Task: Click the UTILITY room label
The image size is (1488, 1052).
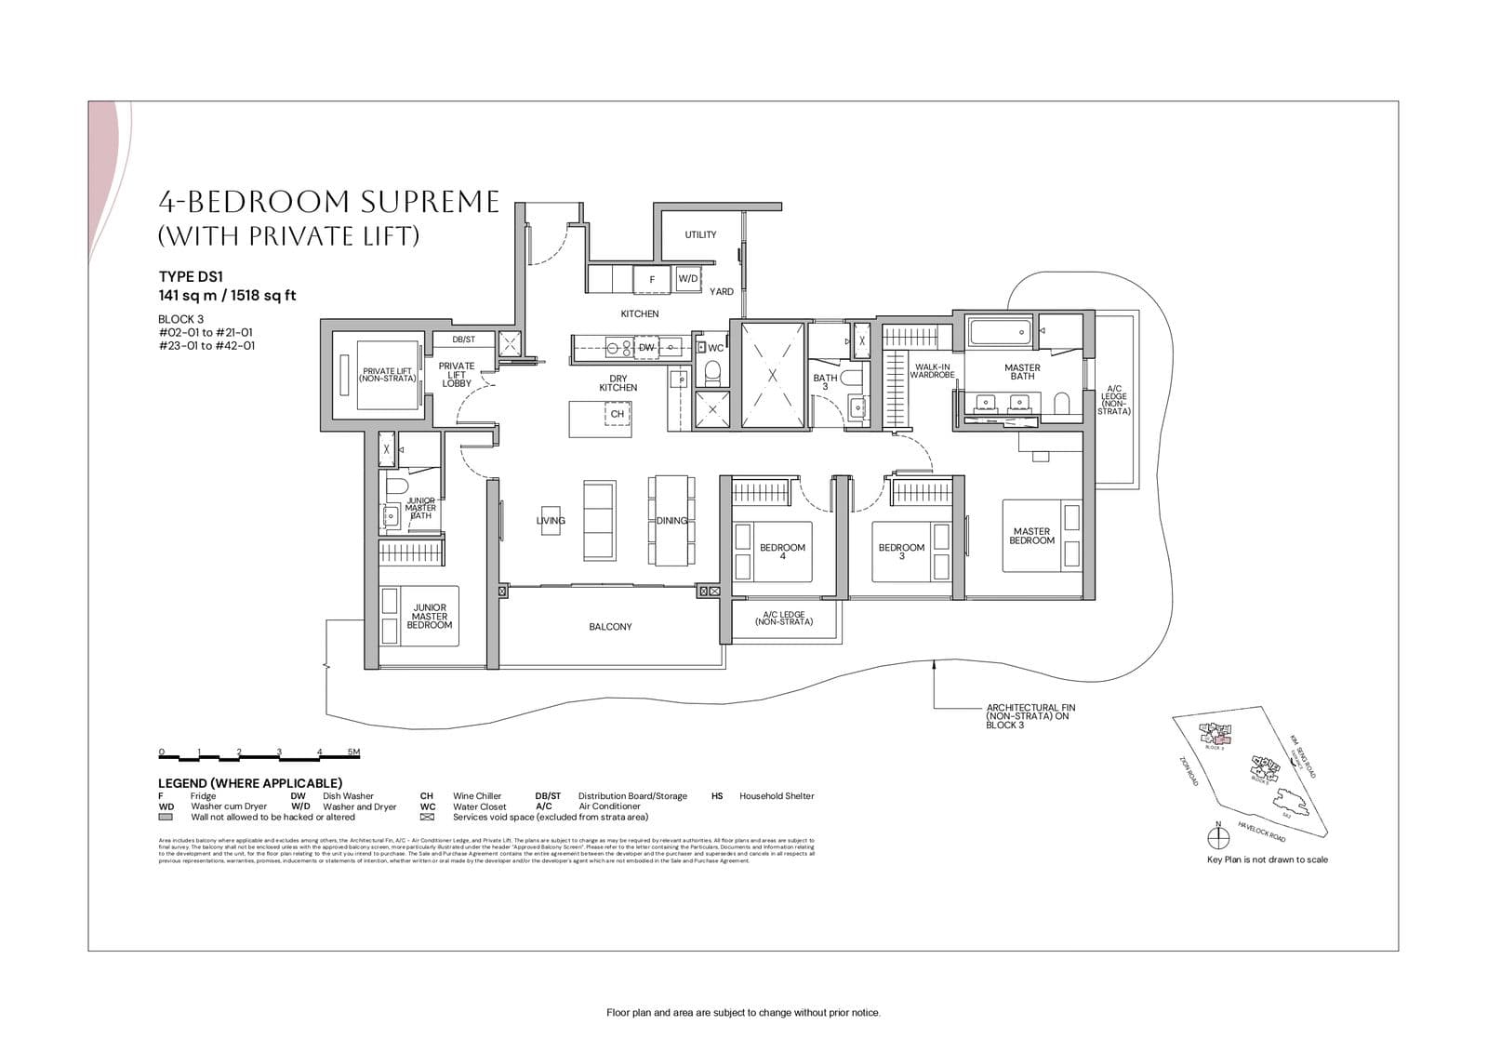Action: (700, 234)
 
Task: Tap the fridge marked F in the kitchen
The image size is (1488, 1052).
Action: (652, 279)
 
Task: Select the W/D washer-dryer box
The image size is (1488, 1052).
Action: (688, 278)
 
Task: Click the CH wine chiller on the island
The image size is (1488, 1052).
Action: (617, 414)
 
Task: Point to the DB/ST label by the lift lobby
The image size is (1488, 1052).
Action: (463, 340)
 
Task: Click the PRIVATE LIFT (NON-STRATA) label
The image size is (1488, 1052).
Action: (388, 375)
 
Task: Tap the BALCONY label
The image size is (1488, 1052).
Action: (610, 627)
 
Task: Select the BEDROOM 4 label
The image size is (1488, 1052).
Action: (782, 552)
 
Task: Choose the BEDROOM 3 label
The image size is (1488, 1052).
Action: (901, 552)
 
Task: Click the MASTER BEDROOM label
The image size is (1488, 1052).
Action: (1031, 536)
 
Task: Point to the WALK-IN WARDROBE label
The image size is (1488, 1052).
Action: (932, 370)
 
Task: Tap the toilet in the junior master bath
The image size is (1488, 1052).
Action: (397, 487)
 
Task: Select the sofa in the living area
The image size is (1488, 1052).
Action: (600, 520)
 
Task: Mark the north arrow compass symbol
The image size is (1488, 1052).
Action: (1217, 838)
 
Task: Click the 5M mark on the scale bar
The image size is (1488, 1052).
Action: (353, 752)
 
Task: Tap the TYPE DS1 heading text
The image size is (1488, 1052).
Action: (191, 276)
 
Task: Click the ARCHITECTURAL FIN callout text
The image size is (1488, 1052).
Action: (1030, 716)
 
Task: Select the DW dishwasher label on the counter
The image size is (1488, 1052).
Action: (646, 347)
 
